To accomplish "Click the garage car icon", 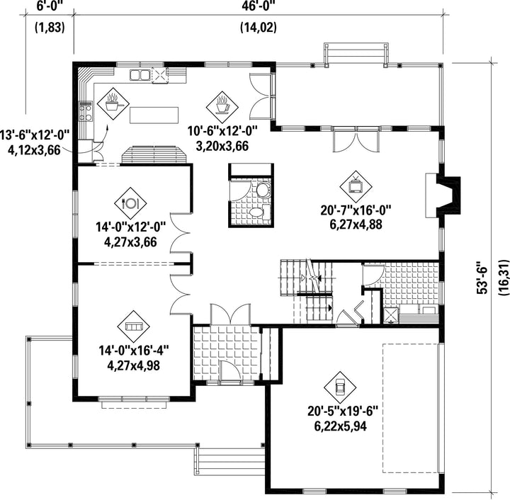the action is [340, 387].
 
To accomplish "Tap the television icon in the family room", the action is [356, 186].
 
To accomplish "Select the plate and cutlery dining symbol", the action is [130, 203].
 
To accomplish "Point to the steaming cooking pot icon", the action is [113, 103].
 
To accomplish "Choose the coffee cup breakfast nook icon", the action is [222, 105].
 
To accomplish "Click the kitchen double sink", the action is [140, 75].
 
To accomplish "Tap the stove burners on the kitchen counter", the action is [86, 111].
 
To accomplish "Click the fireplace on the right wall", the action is [443, 195].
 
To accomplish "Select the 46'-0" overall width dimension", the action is [259, 6].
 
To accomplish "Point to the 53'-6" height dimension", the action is [482, 277].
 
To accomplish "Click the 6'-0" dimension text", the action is [50, 6].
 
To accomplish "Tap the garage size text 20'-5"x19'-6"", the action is [343, 411].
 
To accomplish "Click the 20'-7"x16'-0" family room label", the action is [356, 210].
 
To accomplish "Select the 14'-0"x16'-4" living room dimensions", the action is [134, 351].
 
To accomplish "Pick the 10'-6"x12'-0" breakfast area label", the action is [222, 131].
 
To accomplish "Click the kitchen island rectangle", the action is [154, 115].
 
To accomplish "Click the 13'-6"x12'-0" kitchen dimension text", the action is [35, 135].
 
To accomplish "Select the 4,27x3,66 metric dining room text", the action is [130, 242].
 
